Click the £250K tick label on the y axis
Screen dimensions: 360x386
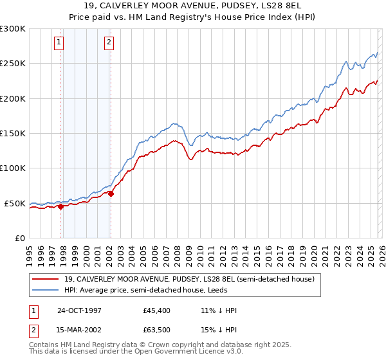click(x=13, y=64)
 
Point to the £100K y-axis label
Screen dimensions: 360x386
click(x=13, y=168)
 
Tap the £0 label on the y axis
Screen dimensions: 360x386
click(x=19, y=238)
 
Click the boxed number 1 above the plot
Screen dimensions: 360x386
click(x=59, y=42)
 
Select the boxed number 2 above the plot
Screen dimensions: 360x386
click(x=109, y=42)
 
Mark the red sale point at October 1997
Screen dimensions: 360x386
click(x=61, y=206)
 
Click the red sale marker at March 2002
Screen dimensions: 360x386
click(x=111, y=194)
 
